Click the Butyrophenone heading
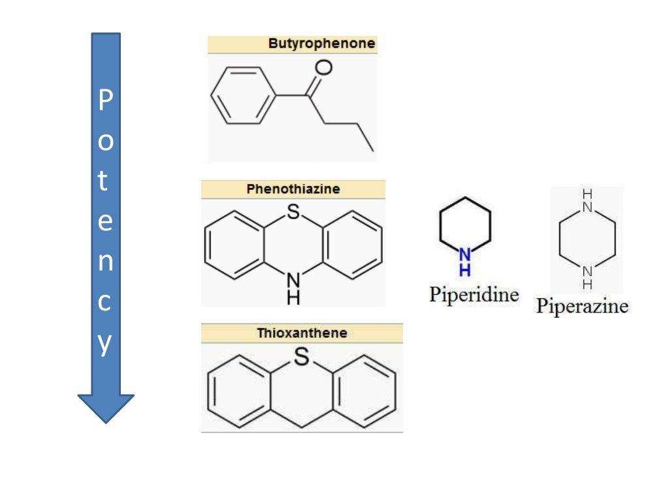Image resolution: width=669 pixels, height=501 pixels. pyautogui.click(x=321, y=44)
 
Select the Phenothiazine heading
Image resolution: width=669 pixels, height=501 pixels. pyautogui.click(x=293, y=189)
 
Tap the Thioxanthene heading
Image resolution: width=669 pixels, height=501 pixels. pyautogui.click(x=302, y=333)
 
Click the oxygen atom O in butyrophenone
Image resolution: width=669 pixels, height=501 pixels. pyautogui.click(x=323, y=67)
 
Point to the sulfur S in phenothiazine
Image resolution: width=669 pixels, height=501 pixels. pyautogui.click(x=293, y=211)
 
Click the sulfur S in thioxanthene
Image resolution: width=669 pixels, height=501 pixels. pyautogui.click(x=302, y=356)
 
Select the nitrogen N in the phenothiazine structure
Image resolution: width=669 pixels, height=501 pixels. pyautogui.click(x=293, y=281)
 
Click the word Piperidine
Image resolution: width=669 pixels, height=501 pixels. pyautogui.click(x=474, y=295)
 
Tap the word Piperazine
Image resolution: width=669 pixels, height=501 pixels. pyautogui.click(x=582, y=306)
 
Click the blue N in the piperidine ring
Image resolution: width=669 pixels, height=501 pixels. pyautogui.click(x=465, y=255)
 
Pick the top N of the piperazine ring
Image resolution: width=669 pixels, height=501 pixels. pyautogui.click(x=587, y=207)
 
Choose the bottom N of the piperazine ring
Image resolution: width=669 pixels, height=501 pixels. pyautogui.click(x=587, y=271)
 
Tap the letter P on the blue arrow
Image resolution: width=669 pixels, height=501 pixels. pyautogui.click(x=105, y=99)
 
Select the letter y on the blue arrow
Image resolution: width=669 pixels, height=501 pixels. pyautogui.click(x=105, y=344)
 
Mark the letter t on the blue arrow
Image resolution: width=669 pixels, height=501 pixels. pyautogui.click(x=103, y=181)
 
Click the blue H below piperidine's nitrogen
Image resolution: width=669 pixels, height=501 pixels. pyautogui.click(x=465, y=269)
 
